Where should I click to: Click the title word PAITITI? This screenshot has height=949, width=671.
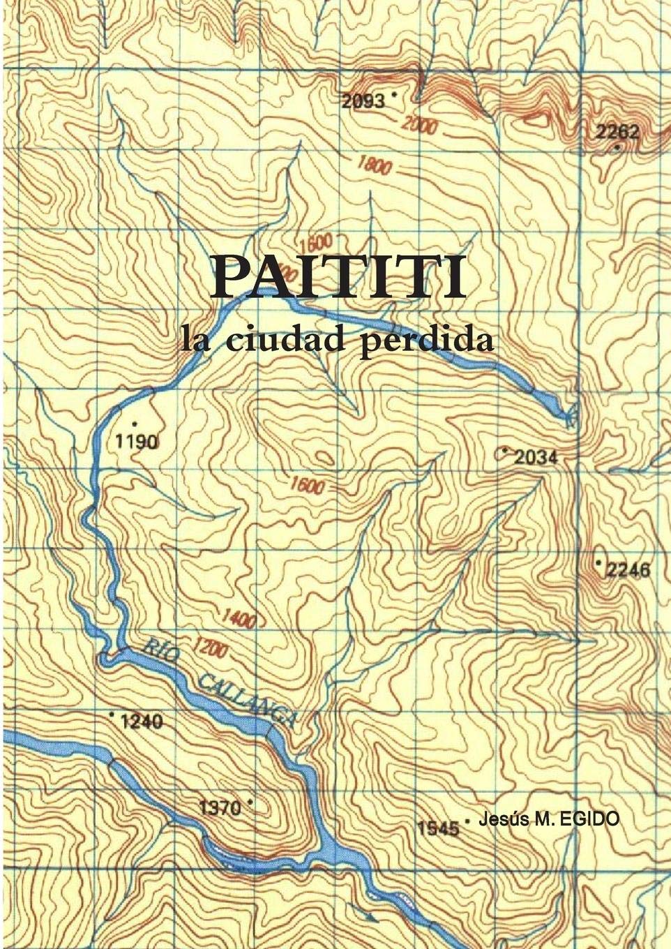pyautogui.click(x=338, y=277)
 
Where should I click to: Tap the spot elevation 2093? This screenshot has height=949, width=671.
pyautogui.click(x=363, y=101)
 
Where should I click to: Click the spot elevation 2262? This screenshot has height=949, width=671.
pyautogui.click(x=617, y=132)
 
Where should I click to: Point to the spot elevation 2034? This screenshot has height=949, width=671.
pyautogui.click(x=536, y=458)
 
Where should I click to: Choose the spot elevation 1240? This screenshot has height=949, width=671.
pyautogui.click(x=142, y=722)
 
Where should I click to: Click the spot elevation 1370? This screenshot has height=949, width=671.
pyautogui.click(x=220, y=808)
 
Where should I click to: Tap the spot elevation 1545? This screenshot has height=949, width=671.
pyautogui.click(x=438, y=828)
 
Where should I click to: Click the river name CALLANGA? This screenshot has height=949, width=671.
pyautogui.click(x=248, y=698)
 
